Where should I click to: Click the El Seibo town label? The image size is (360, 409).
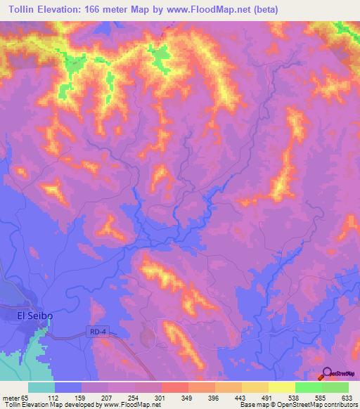tap(35, 316)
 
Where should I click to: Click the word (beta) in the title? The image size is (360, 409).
tap(265, 10)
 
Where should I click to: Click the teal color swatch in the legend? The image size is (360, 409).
tap(41, 387)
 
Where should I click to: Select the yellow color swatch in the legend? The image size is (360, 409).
tap(282, 387)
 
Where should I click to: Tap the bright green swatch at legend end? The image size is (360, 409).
tap(335, 387)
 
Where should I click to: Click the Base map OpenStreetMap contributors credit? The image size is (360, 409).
tap(297, 405)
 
